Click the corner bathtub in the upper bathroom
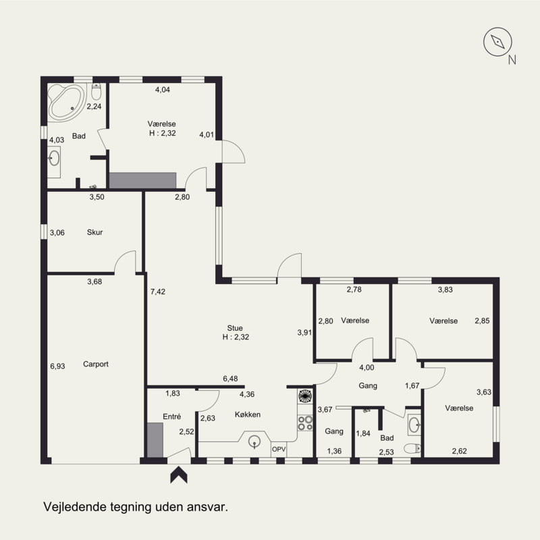[x=66, y=102]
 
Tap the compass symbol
[x=497, y=42]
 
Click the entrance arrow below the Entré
[x=179, y=475]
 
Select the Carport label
[x=96, y=364]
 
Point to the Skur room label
[x=94, y=232]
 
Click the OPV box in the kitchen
[x=279, y=450]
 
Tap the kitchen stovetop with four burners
[x=305, y=423]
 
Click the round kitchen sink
[x=254, y=441]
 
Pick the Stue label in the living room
[x=235, y=328]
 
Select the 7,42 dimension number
[x=158, y=292]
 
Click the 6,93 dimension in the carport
[x=57, y=366]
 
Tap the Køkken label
[x=248, y=414]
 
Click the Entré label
[x=172, y=416]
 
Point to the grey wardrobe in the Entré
[x=155, y=441]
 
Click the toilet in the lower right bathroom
[x=412, y=448]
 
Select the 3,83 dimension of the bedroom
[x=446, y=290]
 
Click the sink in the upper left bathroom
[x=54, y=159]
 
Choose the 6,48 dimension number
[x=230, y=379]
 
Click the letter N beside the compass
[x=512, y=60]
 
